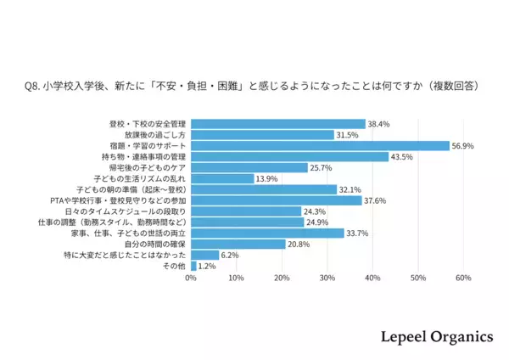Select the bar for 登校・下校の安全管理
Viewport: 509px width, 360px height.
(x=278, y=124)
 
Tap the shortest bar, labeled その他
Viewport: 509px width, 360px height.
(x=193, y=266)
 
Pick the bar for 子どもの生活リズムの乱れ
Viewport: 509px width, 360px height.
(x=222, y=178)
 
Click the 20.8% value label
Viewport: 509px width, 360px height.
(x=298, y=245)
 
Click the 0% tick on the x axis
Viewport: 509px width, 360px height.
(x=191, y=278)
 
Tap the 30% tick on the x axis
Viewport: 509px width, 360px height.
(x=327, y=278)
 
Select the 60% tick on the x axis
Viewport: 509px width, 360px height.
(x=463, y=278)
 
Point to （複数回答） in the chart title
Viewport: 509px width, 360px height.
(x=452, y=86)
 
